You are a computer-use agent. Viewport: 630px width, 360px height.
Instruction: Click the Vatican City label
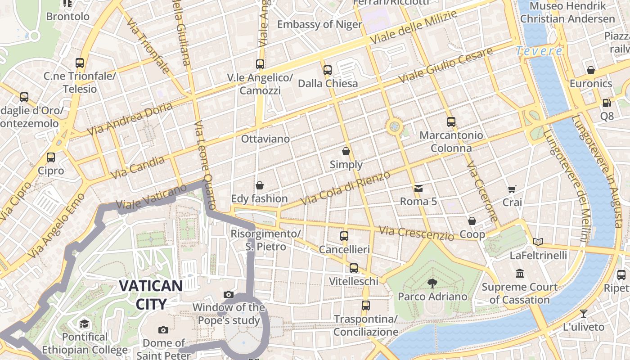151,295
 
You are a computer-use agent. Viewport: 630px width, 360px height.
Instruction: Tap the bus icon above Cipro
51,157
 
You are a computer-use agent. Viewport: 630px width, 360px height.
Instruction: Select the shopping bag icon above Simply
346,151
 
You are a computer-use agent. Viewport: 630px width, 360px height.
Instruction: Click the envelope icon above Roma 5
418,188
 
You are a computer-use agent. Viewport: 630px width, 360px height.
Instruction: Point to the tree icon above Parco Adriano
432,283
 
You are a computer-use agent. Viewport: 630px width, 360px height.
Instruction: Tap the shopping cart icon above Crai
512,189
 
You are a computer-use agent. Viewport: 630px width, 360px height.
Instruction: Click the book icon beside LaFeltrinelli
538,242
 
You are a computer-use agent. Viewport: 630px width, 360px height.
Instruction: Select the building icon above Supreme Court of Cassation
520,273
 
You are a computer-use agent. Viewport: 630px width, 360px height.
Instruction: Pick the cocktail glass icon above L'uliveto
584,313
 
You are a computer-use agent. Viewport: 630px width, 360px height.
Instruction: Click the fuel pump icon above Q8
607,103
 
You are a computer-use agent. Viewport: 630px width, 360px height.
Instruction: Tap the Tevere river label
539,51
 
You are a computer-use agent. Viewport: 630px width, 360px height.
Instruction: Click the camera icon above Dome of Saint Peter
163,330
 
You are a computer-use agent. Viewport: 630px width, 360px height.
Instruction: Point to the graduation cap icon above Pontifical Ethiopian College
84,324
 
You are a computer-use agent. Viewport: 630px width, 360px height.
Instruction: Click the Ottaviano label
265,139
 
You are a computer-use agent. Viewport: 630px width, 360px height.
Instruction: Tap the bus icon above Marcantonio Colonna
451,121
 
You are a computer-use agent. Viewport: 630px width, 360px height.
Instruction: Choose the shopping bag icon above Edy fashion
260,185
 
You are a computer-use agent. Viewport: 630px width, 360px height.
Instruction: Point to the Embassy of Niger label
319,24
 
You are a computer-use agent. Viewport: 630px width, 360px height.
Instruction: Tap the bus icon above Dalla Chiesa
328,70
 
